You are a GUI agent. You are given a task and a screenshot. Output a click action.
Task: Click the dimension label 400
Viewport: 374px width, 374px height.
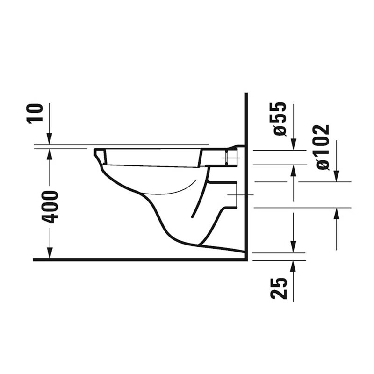(x=50, y=207)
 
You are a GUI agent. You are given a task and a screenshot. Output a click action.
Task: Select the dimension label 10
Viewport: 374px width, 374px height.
(x=36, y=114)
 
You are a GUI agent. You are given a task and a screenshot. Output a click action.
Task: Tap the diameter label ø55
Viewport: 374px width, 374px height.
(x=279, y=119)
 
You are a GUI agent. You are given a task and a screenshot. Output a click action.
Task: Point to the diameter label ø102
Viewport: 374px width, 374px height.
(x=323, y=147)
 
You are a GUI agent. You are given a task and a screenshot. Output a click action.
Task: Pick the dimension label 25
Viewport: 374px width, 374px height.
(x=279, y=288)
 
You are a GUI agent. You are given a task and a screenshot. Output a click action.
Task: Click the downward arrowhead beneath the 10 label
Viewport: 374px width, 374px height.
(x=50, y=139)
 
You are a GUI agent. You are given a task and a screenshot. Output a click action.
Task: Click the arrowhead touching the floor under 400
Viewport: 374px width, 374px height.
(x=50, y=252)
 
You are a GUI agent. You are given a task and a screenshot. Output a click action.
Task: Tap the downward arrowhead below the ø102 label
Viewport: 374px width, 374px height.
(x=336, y=176)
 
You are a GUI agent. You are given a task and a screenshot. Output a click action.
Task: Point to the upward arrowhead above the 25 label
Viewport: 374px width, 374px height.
(x=294, y=266)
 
